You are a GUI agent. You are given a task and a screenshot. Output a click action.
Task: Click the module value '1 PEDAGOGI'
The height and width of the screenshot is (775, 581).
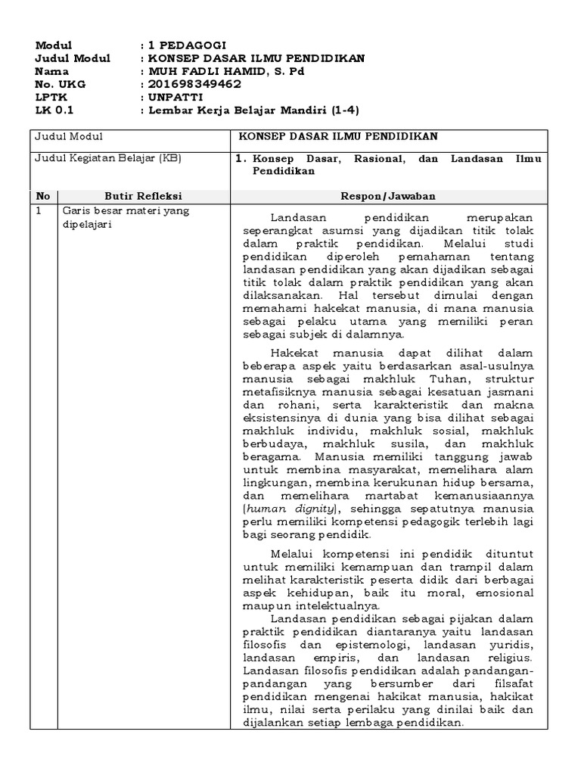pyautogui.click(x=187, y=45)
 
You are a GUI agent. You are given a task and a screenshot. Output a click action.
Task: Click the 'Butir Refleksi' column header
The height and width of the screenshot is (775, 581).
pyautogui.click(x=143, y=195)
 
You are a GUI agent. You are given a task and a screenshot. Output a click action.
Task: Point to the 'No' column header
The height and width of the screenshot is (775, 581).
pyautogui.click(x=44, y=195)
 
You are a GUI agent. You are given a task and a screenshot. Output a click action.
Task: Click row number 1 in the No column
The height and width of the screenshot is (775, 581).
pyautogui.click(x=39, y=210)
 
